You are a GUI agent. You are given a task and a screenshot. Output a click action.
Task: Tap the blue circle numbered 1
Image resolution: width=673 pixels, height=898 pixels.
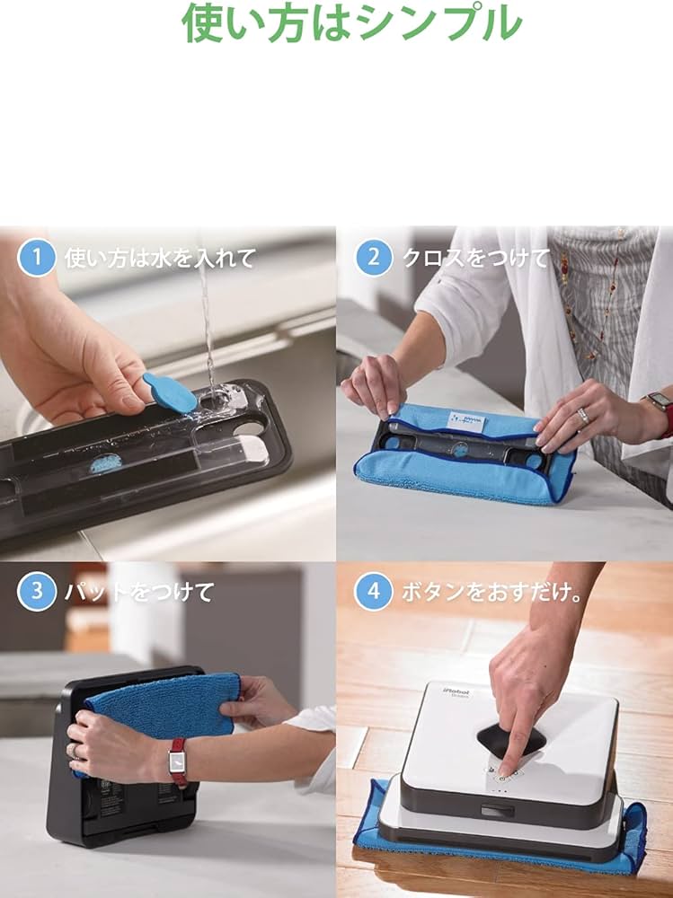(37, 258)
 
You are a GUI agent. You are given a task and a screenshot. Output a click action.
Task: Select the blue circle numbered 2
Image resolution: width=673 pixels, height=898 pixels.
(373, 258)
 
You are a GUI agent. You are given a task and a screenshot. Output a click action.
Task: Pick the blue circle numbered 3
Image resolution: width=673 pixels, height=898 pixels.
(37, 592)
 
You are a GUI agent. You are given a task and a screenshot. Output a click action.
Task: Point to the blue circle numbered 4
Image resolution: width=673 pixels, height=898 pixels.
(373, 592)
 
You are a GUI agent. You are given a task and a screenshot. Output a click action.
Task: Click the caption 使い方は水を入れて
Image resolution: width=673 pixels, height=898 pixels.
(160, 259)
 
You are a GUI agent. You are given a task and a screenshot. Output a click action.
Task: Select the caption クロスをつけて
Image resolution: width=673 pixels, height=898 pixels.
(475, 259)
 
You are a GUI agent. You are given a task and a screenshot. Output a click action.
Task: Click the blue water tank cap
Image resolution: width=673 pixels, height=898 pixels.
(171, 392)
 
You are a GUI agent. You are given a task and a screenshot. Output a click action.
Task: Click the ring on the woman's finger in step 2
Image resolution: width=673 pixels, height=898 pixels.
(583, 415)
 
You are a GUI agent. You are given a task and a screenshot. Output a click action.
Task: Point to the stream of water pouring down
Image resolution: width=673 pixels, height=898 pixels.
(208, 323)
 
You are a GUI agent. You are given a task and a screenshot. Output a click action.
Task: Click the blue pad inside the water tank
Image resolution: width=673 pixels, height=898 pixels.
(106, 464)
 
